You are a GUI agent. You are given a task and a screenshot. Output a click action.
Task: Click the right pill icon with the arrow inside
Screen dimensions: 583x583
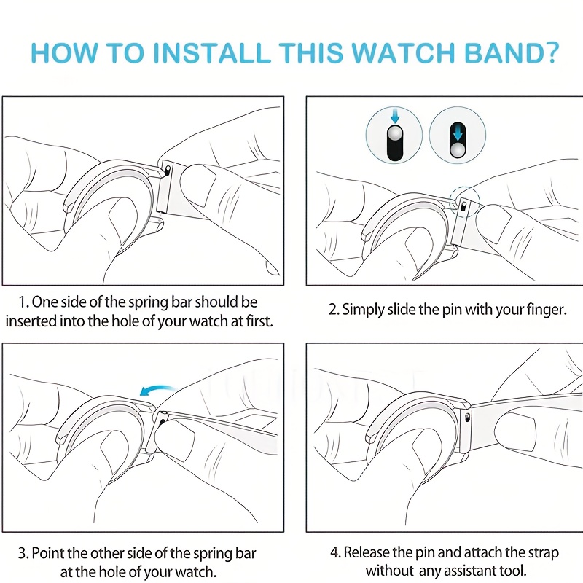coord(457,135)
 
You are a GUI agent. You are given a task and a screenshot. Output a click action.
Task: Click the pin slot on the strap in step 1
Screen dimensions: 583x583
coord(168,169)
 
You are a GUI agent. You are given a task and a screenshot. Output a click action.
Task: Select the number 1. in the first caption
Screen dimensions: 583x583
coord(24,302)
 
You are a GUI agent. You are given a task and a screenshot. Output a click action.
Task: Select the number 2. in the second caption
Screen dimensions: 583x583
coord(334,310)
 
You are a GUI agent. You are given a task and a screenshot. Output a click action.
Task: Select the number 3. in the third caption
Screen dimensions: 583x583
coord(24,554)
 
